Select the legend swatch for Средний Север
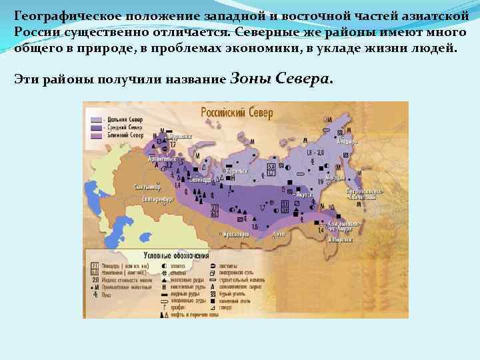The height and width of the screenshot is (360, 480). point(95,127)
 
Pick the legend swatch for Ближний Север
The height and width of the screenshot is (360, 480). point(95,135)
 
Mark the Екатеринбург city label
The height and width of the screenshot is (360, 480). point(157,199)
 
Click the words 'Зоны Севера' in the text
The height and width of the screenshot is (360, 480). point(279,79)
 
